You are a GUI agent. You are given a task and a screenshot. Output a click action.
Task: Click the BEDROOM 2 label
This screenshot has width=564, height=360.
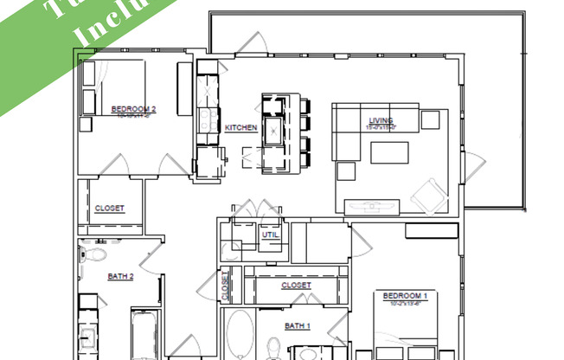(133, 109)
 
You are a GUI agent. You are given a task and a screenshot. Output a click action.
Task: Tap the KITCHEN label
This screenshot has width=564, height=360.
(241, 128)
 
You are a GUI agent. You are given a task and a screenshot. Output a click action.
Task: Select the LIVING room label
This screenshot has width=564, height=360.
(381, 121)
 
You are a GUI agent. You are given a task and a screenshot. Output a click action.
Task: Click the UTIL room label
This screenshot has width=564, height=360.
(269, 235)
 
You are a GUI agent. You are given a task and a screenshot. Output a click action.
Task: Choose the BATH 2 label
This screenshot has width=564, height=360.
(120, 277)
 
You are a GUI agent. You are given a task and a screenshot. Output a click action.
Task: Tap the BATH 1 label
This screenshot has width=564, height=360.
(297, 325)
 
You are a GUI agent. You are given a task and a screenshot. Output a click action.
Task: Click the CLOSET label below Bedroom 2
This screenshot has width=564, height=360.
(109, 209)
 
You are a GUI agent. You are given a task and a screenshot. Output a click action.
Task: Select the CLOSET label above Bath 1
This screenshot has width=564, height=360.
(296, 285)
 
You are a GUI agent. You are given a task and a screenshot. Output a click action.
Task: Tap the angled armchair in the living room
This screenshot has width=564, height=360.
(427, 196)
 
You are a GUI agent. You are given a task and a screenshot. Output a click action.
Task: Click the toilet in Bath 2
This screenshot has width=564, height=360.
(93, 254)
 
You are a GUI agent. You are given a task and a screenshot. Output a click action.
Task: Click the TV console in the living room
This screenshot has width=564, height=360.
(370, 206)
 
